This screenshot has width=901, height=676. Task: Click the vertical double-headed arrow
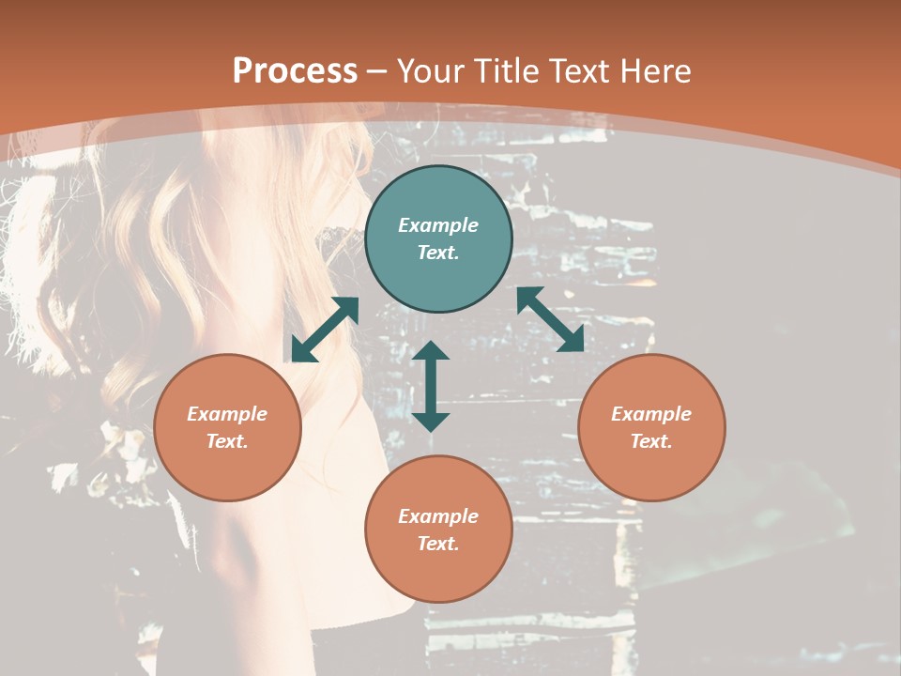(x=431, y=386)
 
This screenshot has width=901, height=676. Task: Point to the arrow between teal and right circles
(x=550, y=319)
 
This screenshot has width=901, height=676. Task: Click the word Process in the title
(x=295, y=71)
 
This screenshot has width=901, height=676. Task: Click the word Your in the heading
(x=431, y=71)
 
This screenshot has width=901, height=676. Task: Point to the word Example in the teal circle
(x=438, y=225)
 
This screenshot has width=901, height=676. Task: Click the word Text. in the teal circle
(x=438, y=253)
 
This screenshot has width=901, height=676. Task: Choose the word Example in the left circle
(x=227, y=414)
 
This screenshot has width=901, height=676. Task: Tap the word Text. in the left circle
(x=227, y=441)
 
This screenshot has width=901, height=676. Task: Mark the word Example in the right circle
(x=651, y=414)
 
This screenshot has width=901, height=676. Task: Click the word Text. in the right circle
(x=651, y=441)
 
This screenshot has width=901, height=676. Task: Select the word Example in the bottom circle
(x=438, y=516)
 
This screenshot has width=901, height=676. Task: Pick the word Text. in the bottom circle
(x=438, y=544)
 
